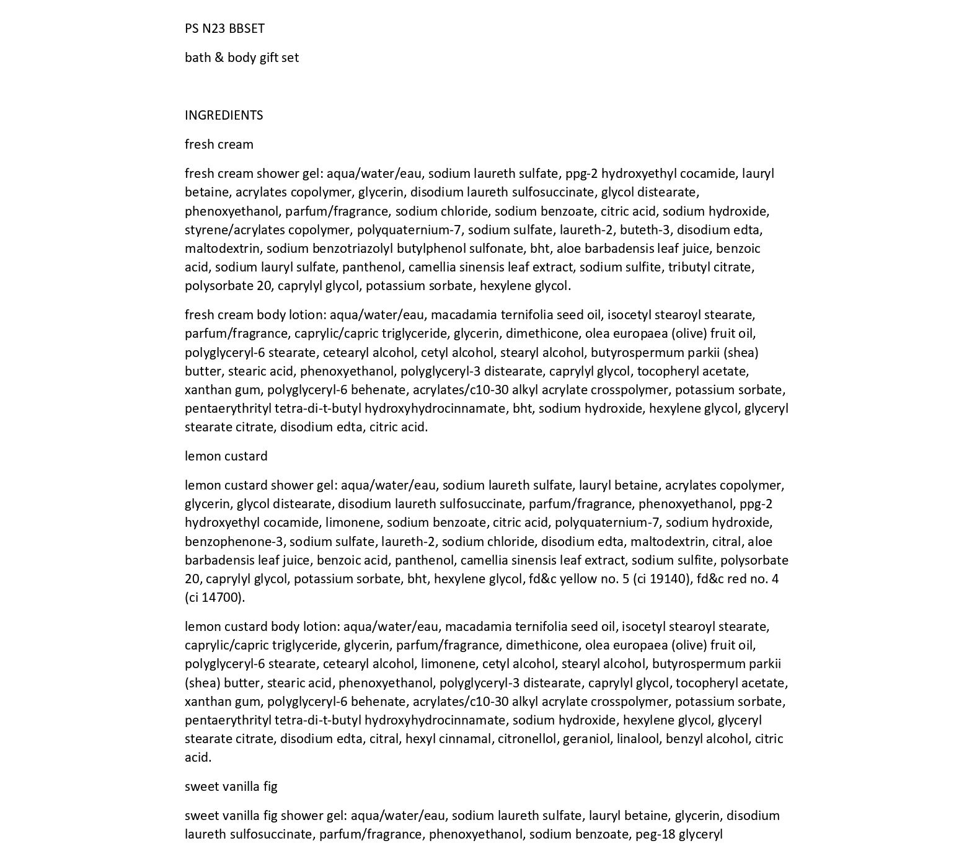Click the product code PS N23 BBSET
pos(224,29)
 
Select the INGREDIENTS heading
pos(224,115)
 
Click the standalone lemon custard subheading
pos(226,456)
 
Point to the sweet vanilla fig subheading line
pos(231,787)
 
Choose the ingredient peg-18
pos(655,834)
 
